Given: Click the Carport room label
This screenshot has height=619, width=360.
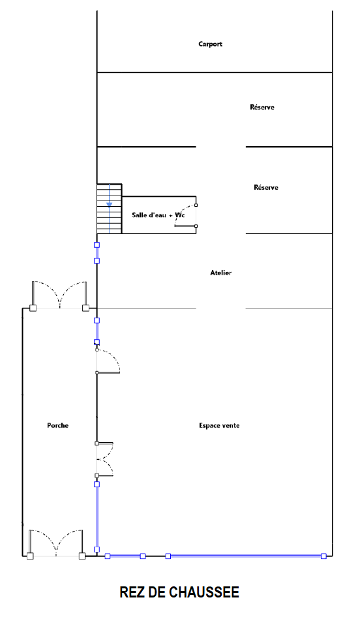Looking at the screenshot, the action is pos(210,44).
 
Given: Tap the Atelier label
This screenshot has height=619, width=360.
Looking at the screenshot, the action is pos(220,273).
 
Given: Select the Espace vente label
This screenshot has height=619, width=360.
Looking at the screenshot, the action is pos(219,425).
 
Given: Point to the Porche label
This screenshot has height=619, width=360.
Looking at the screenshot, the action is pos(57,425).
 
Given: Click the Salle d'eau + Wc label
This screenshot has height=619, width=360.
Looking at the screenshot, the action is pos(158,215).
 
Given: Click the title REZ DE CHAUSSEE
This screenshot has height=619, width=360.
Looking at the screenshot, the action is pos(179,592).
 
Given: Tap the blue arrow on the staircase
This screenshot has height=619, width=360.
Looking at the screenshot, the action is pos(110,205).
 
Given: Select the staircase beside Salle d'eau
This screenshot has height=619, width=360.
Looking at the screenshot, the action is pos(110,209).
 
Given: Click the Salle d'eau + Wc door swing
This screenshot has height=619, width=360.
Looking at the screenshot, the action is pos(185,215).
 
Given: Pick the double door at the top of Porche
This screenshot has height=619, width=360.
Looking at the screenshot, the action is pos(59,295).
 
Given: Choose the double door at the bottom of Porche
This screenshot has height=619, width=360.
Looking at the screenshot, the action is pos(55,543).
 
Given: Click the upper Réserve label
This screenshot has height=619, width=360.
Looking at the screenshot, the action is pos(262,107).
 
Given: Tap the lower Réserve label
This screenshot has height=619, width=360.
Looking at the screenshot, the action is pos(266,187).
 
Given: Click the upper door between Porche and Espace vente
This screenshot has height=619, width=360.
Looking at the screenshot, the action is pos(108,361).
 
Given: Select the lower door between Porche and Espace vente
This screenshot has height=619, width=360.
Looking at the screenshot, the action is pos(104,459).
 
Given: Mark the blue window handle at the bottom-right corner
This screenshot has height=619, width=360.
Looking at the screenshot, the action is pos(323,556).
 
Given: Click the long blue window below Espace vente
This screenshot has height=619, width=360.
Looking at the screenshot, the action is pos(245,556).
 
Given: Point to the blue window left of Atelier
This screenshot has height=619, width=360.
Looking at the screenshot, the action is pos(97,252).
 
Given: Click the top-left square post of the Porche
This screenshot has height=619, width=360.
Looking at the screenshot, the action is pos(33,308).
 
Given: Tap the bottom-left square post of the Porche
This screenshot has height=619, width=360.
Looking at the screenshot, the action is pos(30,556).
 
